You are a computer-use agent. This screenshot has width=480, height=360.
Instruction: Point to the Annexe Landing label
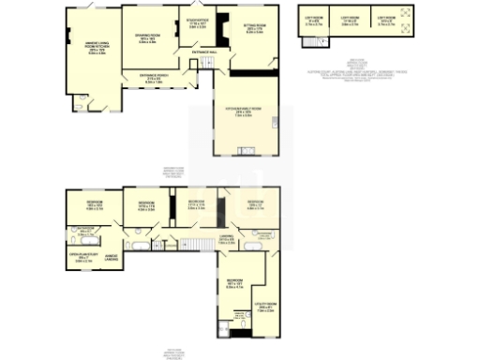coord(115,257)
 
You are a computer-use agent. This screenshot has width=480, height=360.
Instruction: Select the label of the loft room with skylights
coord(383,21)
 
